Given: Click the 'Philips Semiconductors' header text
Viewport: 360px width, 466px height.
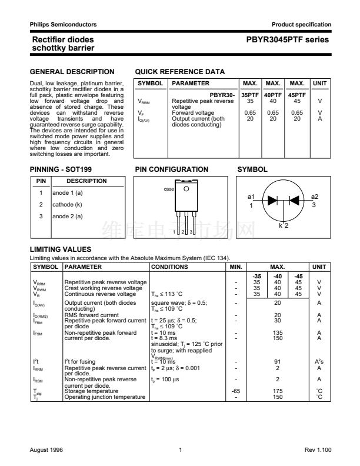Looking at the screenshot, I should [x=63, y=24].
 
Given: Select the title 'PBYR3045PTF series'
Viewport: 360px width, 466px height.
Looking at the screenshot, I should [x=288, y=40].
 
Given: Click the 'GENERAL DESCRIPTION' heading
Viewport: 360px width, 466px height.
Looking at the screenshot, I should [x=72, y=72].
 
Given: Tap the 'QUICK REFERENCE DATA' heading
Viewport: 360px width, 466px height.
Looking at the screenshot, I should [x=179, y=72].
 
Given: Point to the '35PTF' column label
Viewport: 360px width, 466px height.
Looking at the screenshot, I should [x=250, y=95].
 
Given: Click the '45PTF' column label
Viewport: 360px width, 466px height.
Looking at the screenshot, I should [x=298, y=95].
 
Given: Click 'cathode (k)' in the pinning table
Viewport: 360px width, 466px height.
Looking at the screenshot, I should [x=67, y=205].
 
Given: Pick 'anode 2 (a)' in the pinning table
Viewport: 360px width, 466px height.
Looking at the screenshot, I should [x=67, y=217].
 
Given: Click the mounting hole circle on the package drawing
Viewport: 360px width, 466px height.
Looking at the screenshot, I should [x=186, y=189].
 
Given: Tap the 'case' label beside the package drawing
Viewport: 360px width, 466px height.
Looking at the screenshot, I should [x=169, y=189].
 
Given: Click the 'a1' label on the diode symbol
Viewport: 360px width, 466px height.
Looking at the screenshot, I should [x=251, y=197].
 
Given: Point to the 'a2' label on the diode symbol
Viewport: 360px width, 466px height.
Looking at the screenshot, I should [x=314, y=197].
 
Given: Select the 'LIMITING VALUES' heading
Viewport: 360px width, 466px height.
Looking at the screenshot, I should [x=59, y=249].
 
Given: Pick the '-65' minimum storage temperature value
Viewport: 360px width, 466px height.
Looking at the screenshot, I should [x=235, y=390].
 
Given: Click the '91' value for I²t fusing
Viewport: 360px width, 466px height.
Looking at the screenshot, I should [x=277, y=361].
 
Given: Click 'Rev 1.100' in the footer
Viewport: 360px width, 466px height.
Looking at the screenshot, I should [x=318, y=450].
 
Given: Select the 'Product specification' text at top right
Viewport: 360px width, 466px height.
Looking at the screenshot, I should [x=301, y=24].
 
